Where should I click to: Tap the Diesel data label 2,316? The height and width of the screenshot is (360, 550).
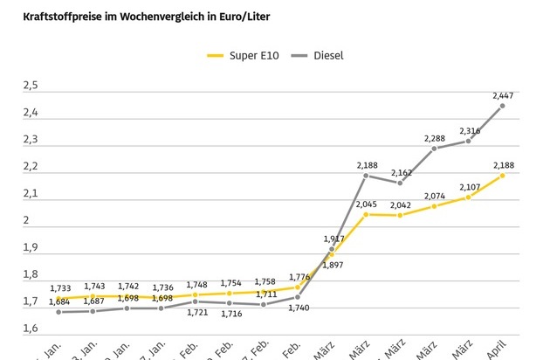[x=469, y=129]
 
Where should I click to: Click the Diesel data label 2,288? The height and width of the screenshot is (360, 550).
[x=435, y=137]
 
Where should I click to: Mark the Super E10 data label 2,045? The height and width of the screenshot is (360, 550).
[x=366, y=203]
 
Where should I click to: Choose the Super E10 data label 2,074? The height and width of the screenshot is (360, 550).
[x=435, y=195]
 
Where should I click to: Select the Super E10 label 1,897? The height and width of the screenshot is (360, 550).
[x=332, y=264]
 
